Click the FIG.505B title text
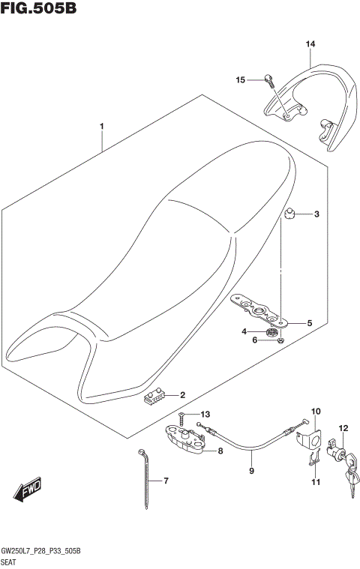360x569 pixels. tap(39, 9)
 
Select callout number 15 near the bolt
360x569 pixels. tap(241, 79)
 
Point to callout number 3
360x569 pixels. tap(316, 215)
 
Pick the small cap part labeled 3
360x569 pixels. tap(289, 217)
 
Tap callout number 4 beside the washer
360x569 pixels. tap(244, 331)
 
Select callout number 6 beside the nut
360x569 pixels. tap(254, 340)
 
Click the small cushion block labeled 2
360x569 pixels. tap(154, 397)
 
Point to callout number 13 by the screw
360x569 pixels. tap(205, 414)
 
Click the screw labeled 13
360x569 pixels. tap(181, 416)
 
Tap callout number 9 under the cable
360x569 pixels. tap(251, 471)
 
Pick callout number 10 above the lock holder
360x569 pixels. tap(315, 411)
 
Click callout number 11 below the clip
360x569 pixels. tap(315, 482)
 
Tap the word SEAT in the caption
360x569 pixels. tap(11, 562)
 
